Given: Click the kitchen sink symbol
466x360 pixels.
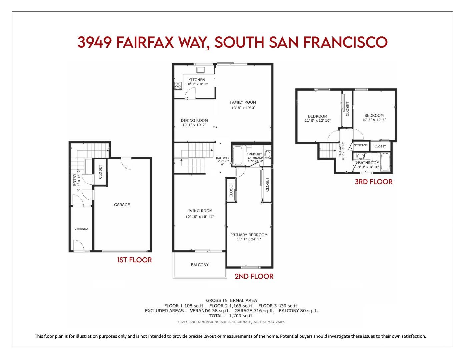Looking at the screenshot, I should [x=201, y=70].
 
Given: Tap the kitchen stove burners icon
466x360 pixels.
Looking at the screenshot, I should [x=178, y=85].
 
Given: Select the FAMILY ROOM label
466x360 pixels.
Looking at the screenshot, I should [x=243, y=102].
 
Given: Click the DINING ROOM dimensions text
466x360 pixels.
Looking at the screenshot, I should [x=194, y=125].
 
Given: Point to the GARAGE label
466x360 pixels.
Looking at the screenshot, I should [x=122, y=205].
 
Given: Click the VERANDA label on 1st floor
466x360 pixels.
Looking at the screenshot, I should [x=81, y=229].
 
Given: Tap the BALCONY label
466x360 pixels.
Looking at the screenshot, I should [x=200, y=265].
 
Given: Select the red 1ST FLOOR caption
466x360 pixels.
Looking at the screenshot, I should [x=134, y=260].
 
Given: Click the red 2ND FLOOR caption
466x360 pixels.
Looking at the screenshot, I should [x=254, y=276].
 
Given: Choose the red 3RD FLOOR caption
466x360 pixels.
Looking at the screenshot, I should [x=373, y=182].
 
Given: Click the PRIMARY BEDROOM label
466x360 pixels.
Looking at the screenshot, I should [x=249, y=235].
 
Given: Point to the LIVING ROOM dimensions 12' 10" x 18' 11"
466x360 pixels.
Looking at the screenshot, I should [x=199, y=217].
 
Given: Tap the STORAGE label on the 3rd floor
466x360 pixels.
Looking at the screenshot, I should [x=361, y=145].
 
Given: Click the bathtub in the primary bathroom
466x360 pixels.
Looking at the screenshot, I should [x=237, y=156].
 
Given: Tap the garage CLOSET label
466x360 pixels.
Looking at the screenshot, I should [x=100, y=172].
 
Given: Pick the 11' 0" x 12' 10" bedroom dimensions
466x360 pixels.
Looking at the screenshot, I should [x=317, y=121].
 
